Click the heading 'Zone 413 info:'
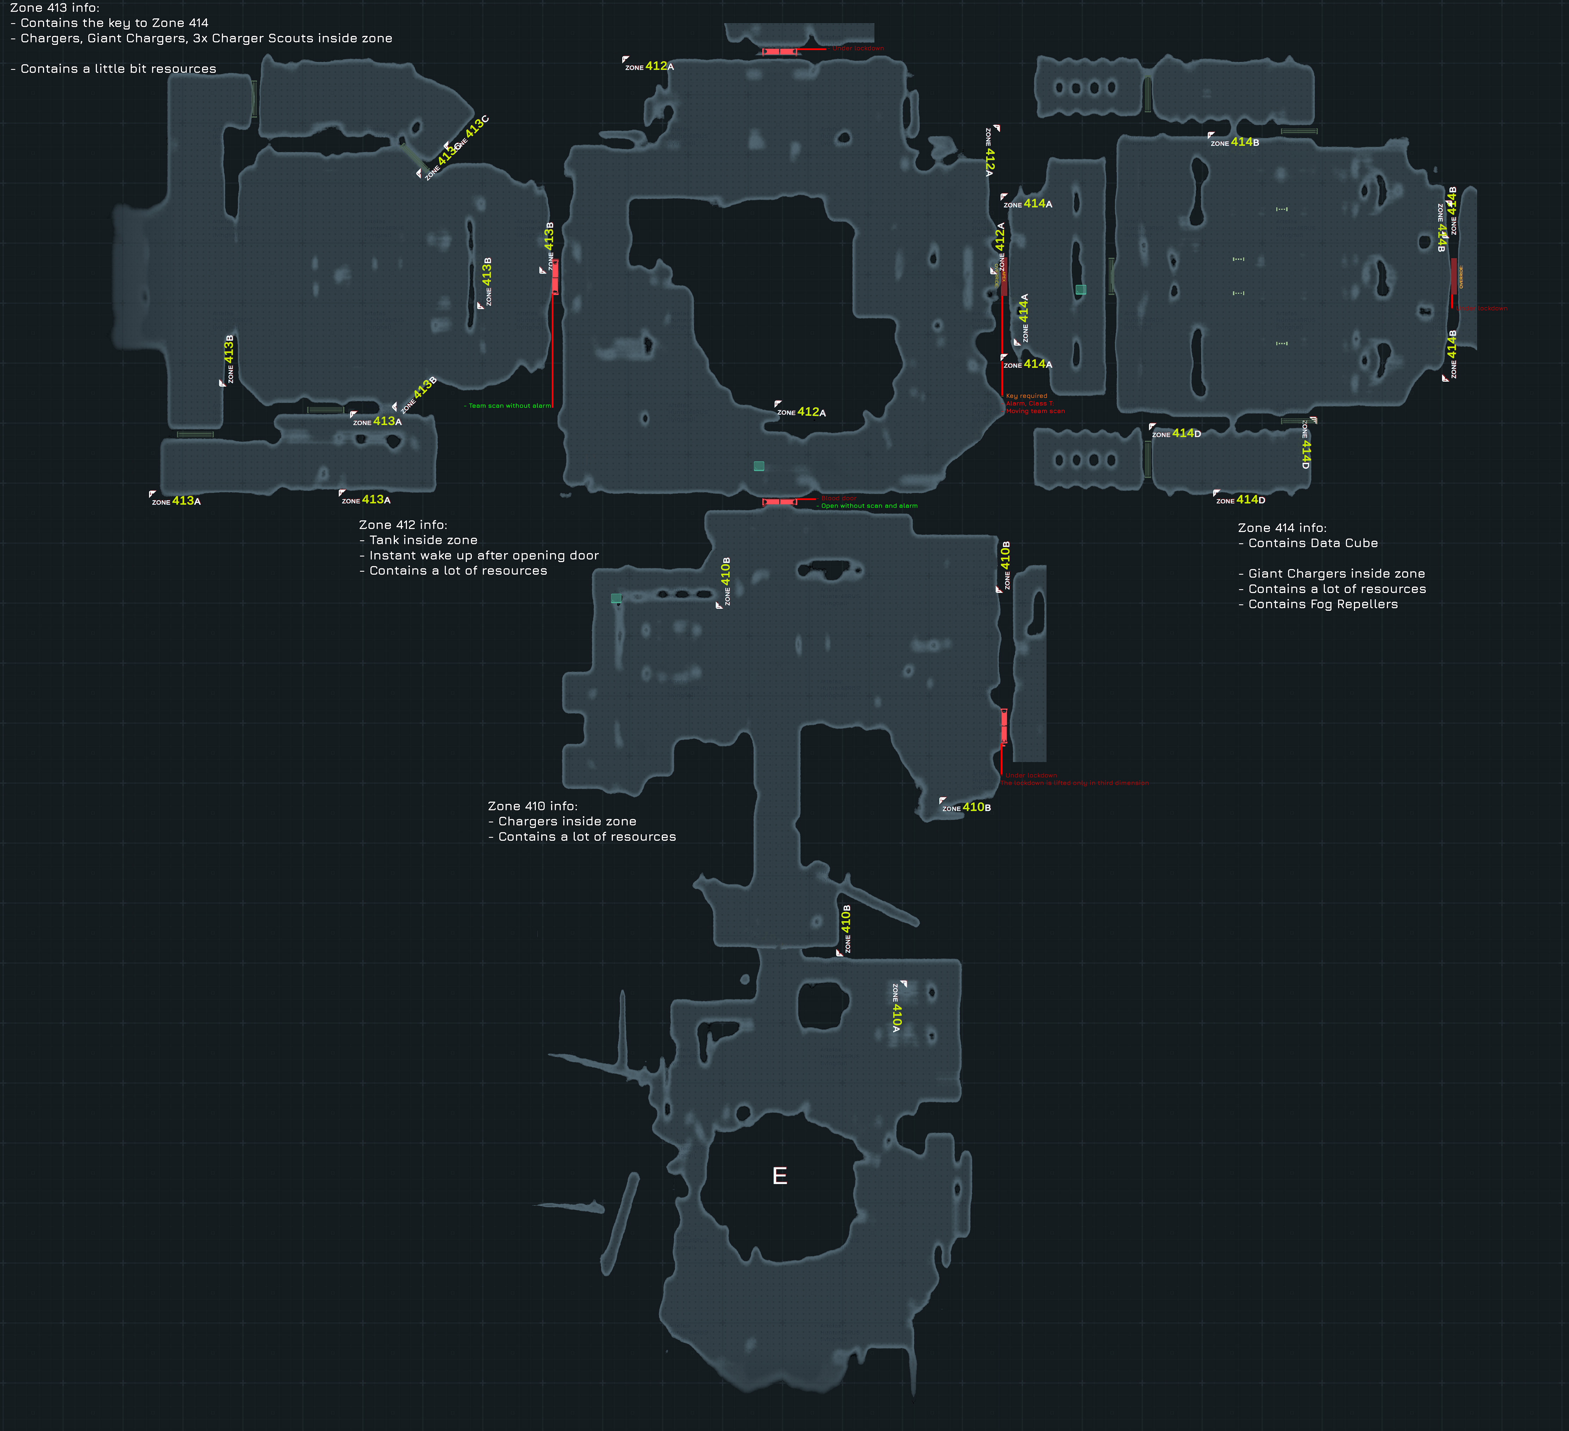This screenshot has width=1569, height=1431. [55, 8]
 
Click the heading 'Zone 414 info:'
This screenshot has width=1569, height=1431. [1282, 528]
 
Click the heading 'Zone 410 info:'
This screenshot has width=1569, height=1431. [532, 806]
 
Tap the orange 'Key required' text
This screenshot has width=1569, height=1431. [1026, 396]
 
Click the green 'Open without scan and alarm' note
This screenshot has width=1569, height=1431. [868, 506]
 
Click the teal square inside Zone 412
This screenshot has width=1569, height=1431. [759, 466]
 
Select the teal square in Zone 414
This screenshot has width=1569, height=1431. [1080, 290]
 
